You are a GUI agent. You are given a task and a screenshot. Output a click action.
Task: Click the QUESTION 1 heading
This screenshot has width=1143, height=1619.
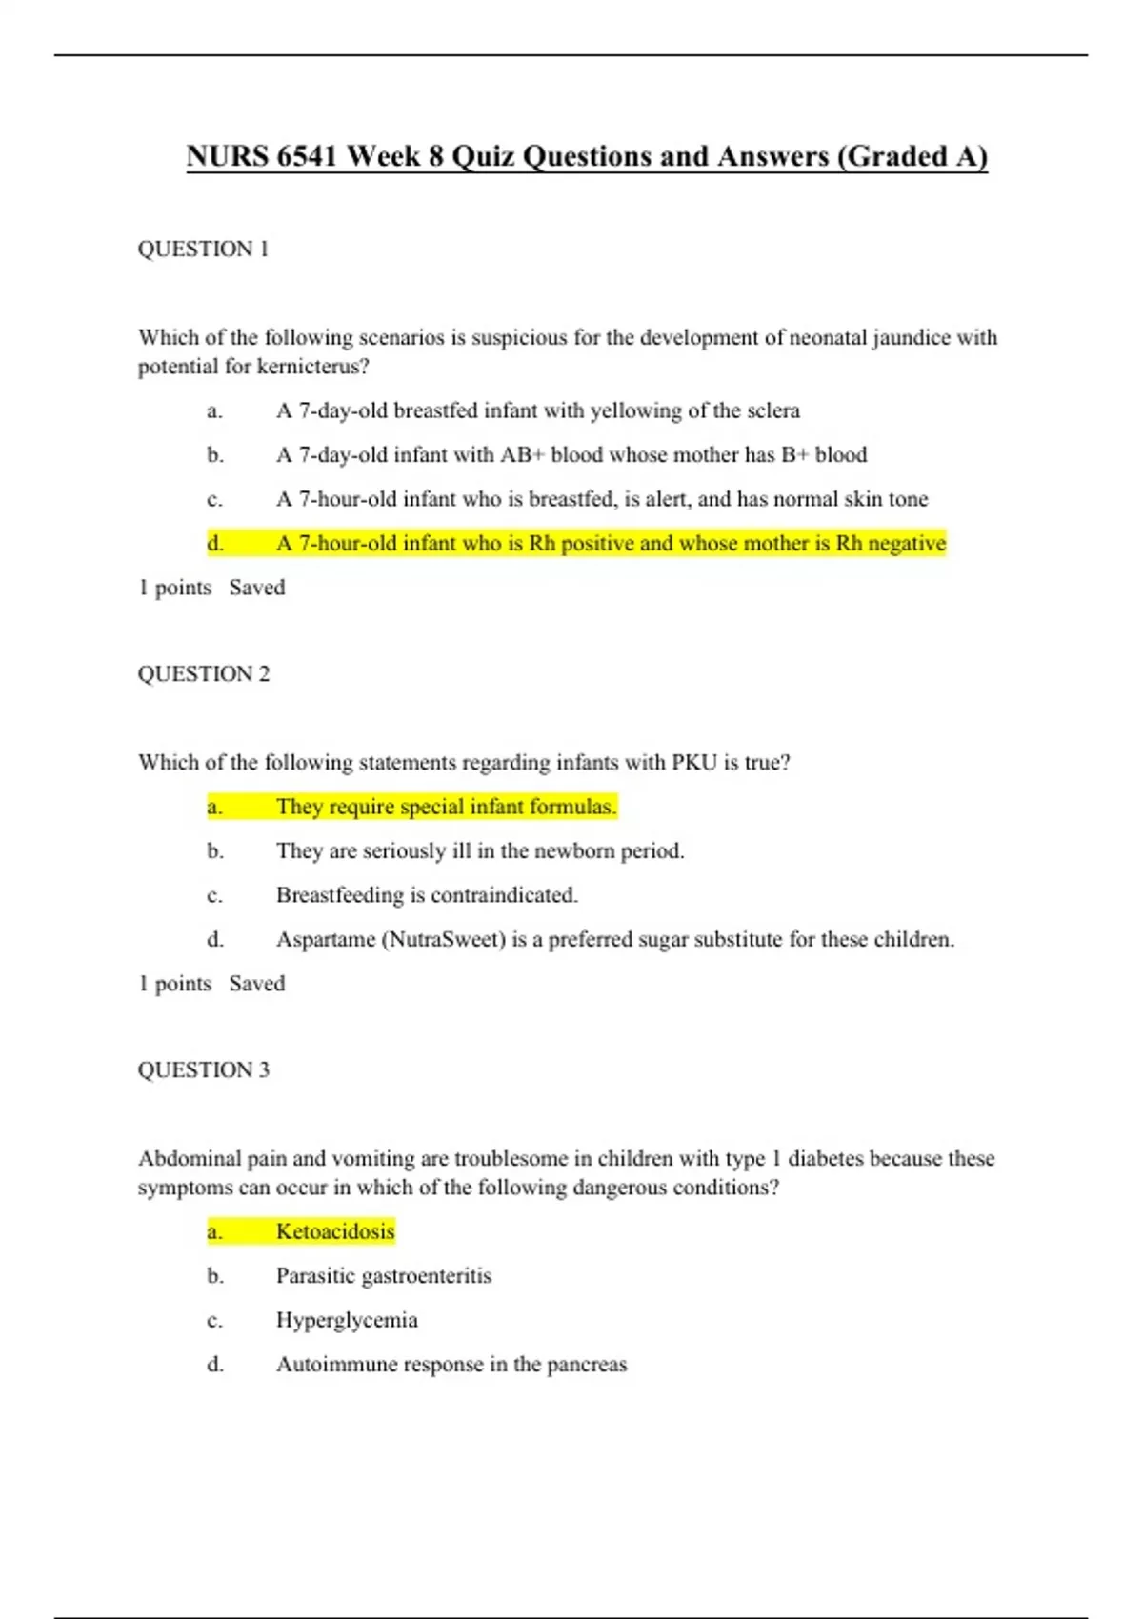[x=203, y=250]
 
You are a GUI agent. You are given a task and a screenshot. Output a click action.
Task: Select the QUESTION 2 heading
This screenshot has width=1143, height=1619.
[x=203, y=674]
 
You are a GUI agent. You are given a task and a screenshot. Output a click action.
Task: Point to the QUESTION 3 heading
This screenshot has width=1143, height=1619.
[x=203, y=1070]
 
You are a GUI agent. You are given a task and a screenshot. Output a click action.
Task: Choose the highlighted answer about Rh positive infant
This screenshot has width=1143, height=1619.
[x=611, y=544]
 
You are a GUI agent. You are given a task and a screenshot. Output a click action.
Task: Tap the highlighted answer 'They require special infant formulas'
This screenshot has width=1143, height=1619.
[x=446, y=807]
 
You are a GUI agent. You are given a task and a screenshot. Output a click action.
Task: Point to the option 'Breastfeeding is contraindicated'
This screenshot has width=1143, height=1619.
[x=427, y=895]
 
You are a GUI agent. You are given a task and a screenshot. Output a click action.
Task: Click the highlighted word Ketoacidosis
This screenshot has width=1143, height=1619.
[x=335, y=1231]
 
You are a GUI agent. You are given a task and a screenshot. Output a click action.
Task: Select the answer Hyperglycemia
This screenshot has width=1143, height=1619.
[x=347, y=1320]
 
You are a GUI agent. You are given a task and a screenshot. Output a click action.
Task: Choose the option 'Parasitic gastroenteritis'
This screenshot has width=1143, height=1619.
[x=384, y=1276]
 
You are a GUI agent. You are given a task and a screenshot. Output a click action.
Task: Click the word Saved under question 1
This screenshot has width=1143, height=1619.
[x=257, y=588]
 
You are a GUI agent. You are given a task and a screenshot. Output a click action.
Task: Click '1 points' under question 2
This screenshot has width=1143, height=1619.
[x=174, y=984]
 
